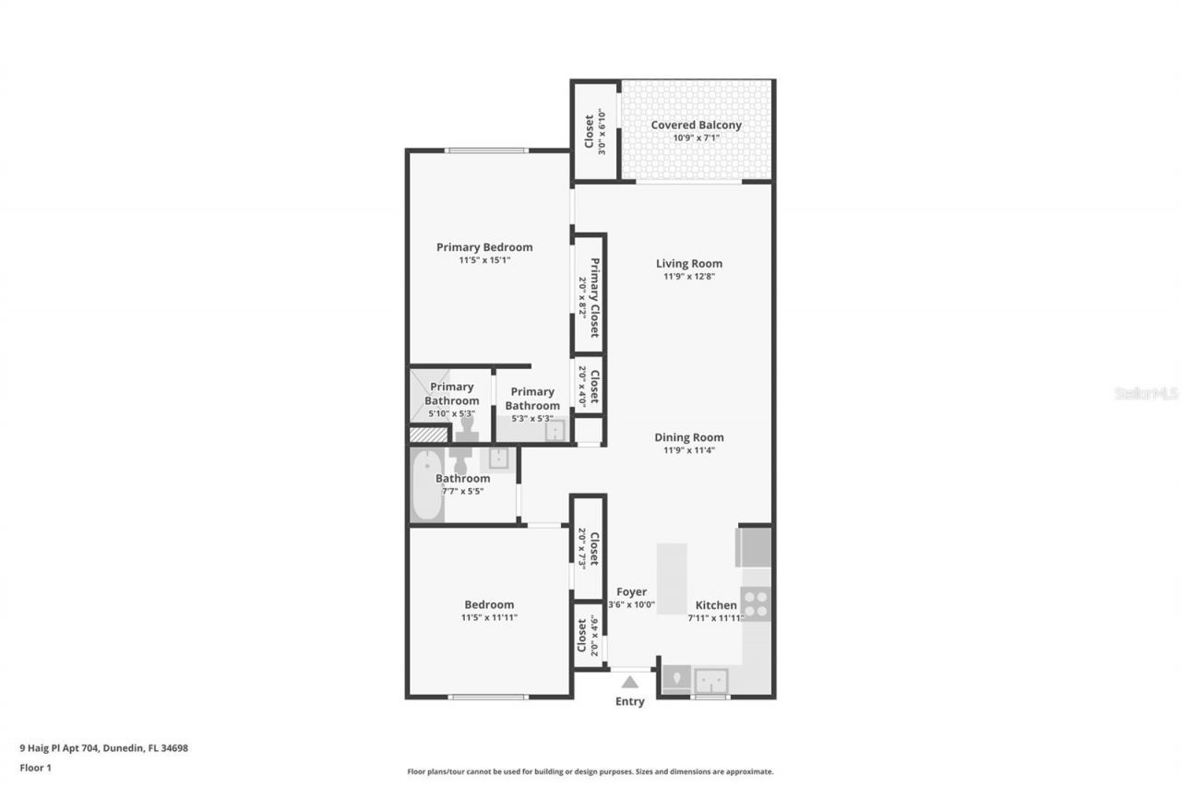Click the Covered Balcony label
click(x=696, y=125)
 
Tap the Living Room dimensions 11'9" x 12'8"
click(x=689, y=277)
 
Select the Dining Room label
click(x=689, y=437)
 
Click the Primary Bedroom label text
click(x=484, y=247)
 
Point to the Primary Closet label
click(x=596, y=297)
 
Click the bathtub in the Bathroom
click(x=426, y=485)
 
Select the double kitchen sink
click(x=711, y=680)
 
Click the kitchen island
click(x=672, y=578)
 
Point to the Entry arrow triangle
click(x=630, y=683)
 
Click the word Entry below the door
click(x=630, y=701)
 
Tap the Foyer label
click(x=632, y=592)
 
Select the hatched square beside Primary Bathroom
click(x=429, y=434)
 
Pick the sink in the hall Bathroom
click(x=498, y=458)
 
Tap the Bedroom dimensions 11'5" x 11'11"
click(x=489, y=617)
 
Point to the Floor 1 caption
click(x=36, y=767)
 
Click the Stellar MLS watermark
click(x=1146, y=393)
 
